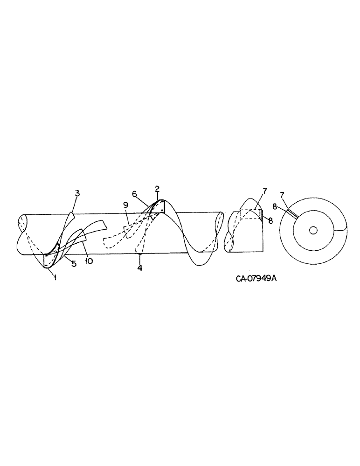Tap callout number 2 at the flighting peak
[x=157, y=189]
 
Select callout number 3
[x=77, y=193]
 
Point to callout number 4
[x=140, y=269]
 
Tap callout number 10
[x=89, y=261]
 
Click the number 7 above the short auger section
[x=264, y=191]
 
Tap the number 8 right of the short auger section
[x=270, y=220]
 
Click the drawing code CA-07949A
[x=253, y=279]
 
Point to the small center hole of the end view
[x=313, y=230]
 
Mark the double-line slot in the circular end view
[x=293, y=213]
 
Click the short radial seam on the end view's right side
[x=341, y=228]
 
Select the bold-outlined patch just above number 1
[x=48, y=261]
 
